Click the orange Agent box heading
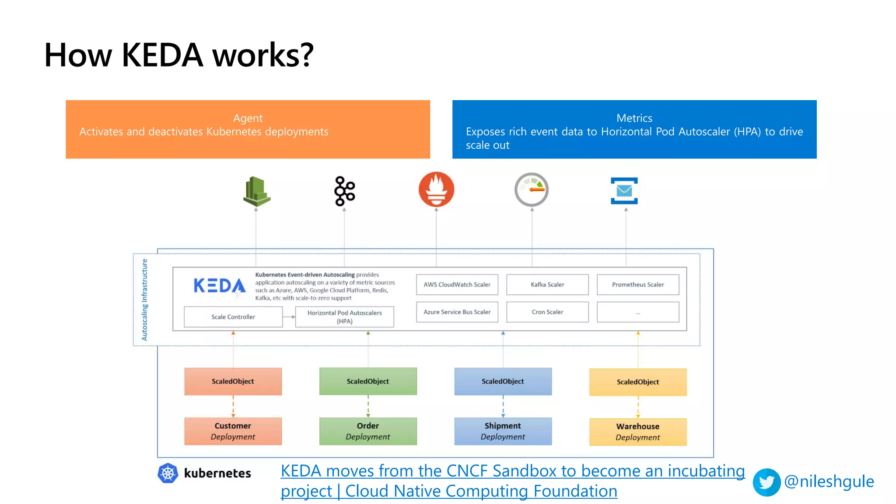248,118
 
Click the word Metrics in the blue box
634,118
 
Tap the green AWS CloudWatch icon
257,191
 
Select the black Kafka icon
345,191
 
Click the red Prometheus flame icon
436,189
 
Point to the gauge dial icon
532,189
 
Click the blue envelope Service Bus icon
624,191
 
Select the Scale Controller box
233,317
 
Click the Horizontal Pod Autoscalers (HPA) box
345,317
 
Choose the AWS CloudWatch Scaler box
457,284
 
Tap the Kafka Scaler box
547,284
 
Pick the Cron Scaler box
547,312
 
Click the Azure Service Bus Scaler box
457,312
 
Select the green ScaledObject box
368,381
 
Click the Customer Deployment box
233,431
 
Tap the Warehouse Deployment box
638,432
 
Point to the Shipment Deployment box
503,431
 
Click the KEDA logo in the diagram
219,286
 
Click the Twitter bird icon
766,482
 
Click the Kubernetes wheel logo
168,473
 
